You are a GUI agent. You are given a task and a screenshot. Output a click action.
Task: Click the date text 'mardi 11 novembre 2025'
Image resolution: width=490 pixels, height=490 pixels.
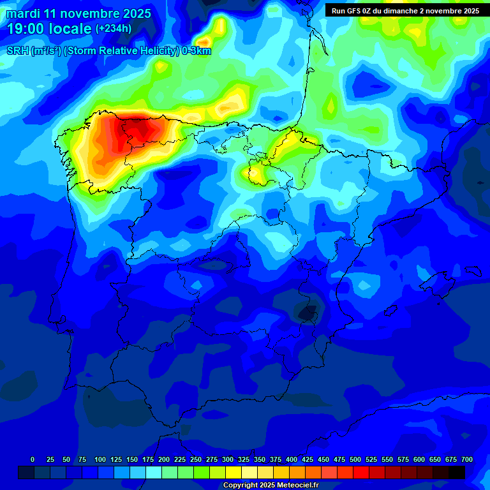(x=78, y=13)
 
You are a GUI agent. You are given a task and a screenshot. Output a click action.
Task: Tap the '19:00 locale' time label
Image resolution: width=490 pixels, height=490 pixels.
(x=49, y=29)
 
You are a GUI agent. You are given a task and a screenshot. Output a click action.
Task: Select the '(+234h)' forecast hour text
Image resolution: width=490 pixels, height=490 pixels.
(x=114, y=29)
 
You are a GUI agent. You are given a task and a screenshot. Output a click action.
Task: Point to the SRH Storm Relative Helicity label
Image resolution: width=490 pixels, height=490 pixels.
(x=109, y=50)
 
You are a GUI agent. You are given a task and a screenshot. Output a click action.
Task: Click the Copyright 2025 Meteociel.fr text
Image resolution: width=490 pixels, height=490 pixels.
(x=271, y=486)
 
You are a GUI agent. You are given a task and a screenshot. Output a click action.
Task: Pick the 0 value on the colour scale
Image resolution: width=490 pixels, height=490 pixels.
(x=33, y=459)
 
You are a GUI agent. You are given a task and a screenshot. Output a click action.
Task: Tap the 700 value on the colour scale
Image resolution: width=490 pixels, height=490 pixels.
(x=466, y=459)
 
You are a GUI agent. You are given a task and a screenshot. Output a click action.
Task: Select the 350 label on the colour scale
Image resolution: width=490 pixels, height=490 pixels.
(x=260, y=459)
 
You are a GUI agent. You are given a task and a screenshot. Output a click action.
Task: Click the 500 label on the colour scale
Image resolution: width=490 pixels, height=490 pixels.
(x=355, y=459)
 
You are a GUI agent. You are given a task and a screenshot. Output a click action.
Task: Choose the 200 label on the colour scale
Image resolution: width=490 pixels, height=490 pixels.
(x=164, y=459)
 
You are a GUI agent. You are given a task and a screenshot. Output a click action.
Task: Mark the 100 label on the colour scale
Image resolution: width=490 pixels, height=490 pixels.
(x=100, y=459)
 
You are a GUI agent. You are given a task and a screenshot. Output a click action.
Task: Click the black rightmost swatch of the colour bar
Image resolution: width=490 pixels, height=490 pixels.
(x=457, y=473)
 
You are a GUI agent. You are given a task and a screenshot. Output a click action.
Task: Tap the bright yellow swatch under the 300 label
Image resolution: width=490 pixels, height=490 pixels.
(x=234, y=473)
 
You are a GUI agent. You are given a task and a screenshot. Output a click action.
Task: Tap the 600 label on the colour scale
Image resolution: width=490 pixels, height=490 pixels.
(x=419, y=459)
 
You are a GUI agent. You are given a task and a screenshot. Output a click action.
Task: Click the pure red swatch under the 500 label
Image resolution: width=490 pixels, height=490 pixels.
(x=361, y=473)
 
